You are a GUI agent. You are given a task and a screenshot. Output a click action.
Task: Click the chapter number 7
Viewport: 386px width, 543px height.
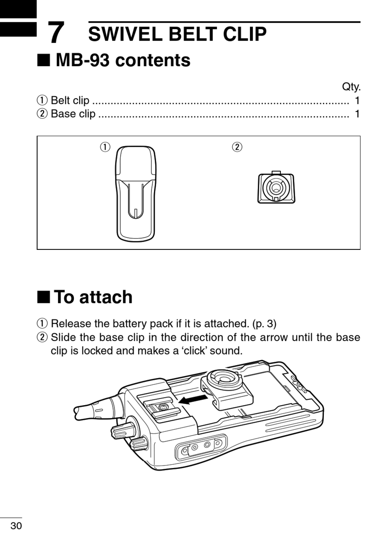tap(56, 32)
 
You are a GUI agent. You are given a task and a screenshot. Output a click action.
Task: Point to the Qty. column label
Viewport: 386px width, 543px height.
tap(351, 86)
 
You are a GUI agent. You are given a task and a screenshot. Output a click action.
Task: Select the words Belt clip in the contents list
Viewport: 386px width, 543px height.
tap(70, 100)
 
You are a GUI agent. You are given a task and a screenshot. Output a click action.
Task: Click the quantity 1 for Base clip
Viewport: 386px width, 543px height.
tap(357, 114)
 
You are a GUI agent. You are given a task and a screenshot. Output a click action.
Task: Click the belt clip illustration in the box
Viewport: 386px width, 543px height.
tap(135, 193)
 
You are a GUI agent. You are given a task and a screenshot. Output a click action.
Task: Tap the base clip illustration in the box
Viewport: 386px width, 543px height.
tap(276, 188)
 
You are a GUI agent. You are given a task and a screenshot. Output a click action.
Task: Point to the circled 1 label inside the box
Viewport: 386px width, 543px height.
tap(105, 146)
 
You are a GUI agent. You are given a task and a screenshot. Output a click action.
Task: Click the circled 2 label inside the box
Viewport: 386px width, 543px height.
tap(237, 146)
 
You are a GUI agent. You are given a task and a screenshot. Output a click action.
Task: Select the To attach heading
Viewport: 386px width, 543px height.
tap(93, 297)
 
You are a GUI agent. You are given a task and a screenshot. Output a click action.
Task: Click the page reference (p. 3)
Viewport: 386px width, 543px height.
tap(264, 324)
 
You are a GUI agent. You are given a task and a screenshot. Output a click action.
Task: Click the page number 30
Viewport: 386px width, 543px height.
tap(16, 526)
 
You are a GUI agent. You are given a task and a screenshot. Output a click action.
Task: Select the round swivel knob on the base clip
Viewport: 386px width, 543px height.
tap(225, 380)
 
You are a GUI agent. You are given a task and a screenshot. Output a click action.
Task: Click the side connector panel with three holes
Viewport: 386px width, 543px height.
tap(201, 446)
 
